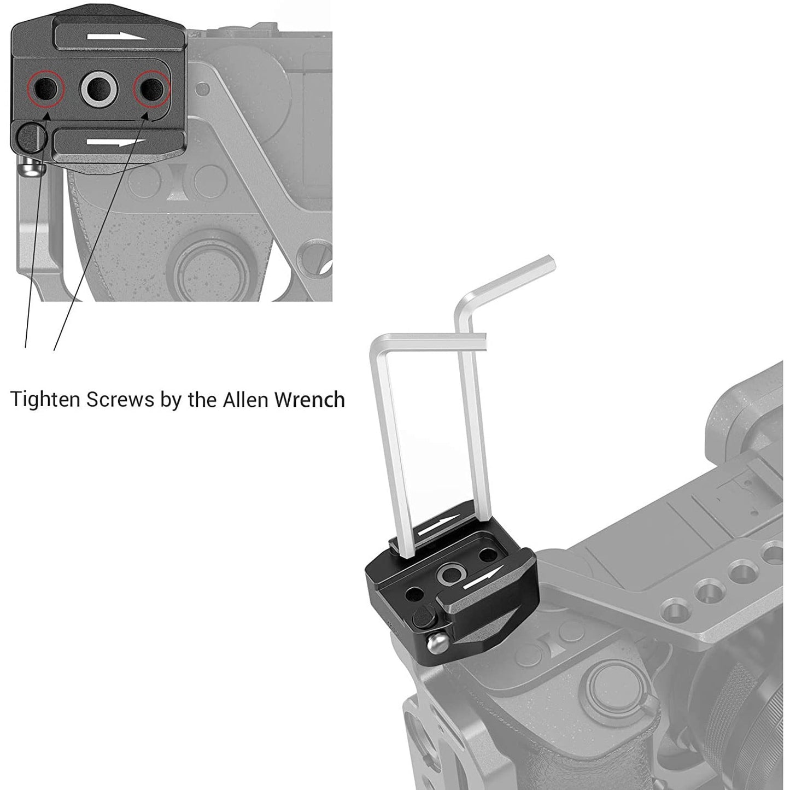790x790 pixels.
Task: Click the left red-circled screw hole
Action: [45, 87]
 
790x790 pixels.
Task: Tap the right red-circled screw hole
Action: [152, 87]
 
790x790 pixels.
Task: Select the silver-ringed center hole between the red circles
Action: [99, 87]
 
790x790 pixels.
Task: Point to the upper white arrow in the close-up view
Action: [116, 36]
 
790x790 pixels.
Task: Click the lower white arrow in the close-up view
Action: [115, 143]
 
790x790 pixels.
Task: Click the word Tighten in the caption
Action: [45, 400]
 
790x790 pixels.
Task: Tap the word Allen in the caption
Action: [241, 400]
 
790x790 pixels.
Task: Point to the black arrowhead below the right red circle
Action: [145, 117]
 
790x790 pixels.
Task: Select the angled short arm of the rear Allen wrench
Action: [512, 279]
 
